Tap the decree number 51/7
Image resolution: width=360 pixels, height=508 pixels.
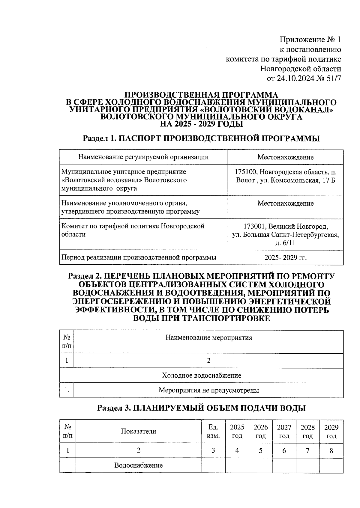332,79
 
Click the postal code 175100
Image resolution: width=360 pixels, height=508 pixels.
245,172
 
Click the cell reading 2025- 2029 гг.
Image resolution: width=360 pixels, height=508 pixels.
285,257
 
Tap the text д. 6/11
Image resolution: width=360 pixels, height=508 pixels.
285,243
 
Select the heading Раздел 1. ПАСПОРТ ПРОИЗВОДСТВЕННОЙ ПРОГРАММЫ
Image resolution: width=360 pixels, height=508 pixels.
201,138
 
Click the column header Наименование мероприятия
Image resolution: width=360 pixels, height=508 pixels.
208,338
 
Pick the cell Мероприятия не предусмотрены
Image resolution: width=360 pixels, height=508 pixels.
208,390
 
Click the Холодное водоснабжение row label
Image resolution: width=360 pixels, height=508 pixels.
201,375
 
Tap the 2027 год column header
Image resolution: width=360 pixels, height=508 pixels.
284,431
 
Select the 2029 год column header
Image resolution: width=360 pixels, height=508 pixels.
331,431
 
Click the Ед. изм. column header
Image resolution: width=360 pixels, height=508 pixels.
213,431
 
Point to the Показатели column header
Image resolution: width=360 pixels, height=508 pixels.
138,431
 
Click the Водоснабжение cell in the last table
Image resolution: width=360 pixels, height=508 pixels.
138,465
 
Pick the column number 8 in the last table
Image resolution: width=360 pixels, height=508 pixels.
331,450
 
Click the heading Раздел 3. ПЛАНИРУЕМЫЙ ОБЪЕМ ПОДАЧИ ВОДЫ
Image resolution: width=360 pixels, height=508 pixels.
201,408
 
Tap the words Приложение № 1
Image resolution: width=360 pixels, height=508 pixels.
310,40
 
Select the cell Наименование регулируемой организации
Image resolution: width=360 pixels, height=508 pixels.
143,157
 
